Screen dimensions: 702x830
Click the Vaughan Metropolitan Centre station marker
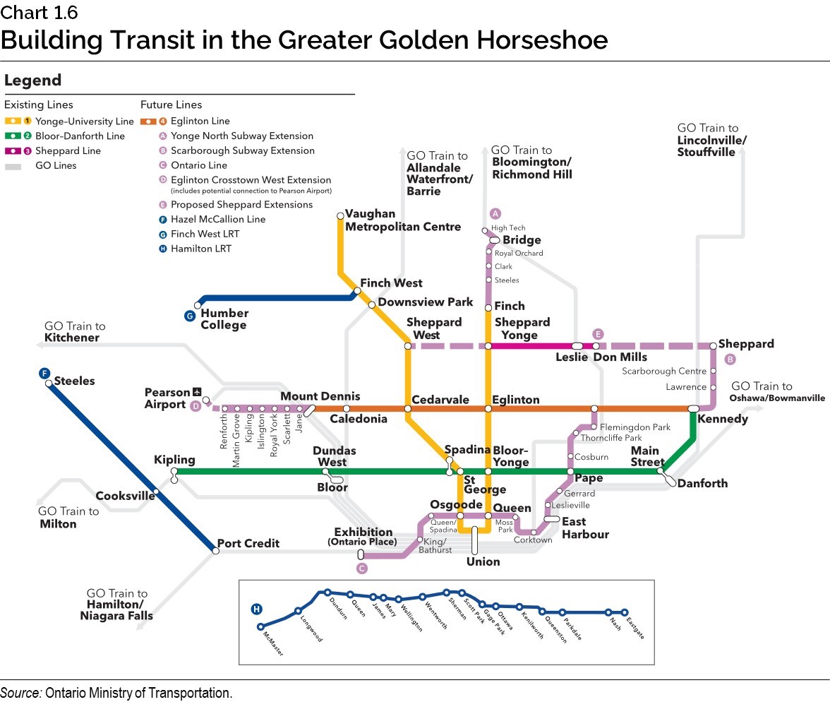pos(340,215)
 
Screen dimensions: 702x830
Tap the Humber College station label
pos(224,319)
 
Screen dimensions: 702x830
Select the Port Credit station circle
pos(216,551)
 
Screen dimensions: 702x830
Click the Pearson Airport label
pos(166,398)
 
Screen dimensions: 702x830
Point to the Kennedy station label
pos(722,420)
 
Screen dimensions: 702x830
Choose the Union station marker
pos(475,540)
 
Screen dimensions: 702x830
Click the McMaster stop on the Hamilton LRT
pos(260,626)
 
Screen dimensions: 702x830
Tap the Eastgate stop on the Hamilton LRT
pos(625,612)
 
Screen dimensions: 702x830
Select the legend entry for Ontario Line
pos(198,165)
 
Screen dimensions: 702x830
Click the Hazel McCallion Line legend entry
pos(217,219)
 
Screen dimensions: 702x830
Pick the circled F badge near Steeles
pos(44,373)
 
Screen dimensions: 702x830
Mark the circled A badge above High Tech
pos(495,213)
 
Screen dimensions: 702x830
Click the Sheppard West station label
pos(433,328)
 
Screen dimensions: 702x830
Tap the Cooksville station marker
pos(155,494)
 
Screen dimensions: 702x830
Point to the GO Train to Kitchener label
pos(74,332)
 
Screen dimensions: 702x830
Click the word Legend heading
pos(33,81)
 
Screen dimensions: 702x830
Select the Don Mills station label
pos(620,357)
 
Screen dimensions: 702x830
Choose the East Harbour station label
pos(585,528)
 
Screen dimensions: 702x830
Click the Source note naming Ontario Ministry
pos(116,693)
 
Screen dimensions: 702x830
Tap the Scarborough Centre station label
pos(663,371)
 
